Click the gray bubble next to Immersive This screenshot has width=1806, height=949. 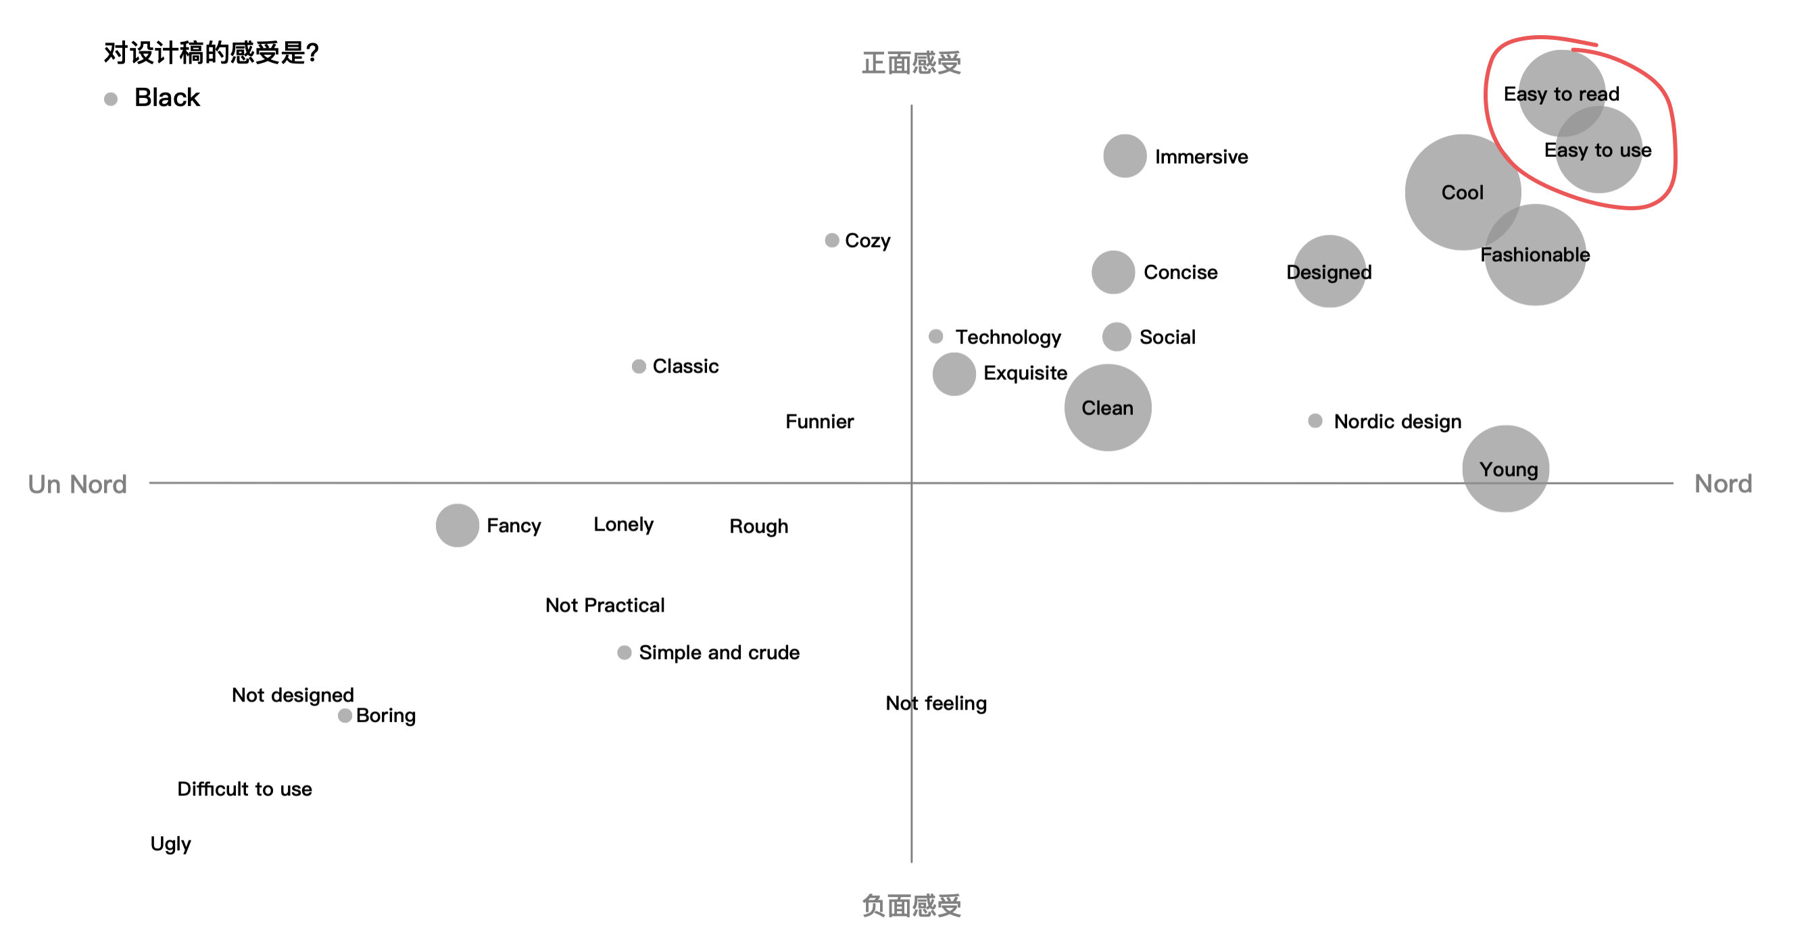pyautogui.click(x=1125, y=155)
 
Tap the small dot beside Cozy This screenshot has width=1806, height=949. pyautogui.click(x=831, y=241)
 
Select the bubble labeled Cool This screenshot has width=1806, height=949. pyautogui.click(x=1463, y=192)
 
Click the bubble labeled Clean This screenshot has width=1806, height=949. pyautogui.click(x=1108, y=407)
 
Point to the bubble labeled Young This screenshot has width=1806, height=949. pyautogui.click(x=1505, y=469)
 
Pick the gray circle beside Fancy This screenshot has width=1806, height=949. pyautogui.click(x=457, y=525)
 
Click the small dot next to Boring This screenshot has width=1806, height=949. pyautogui.click(x=344, y=716)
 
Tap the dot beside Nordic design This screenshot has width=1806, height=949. pyautogui.click(x=1315, y=420)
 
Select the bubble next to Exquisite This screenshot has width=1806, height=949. pyautogui.click(x=954, y=374)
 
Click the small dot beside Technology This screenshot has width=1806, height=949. pyautogui.click(x=935, y=337)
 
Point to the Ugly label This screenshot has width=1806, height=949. pyautogui.click(x=170, y=844)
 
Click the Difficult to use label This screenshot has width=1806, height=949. pyautogui.click(x=245, y=789)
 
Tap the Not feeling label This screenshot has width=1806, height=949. pyautogui.click(x=936, y=703)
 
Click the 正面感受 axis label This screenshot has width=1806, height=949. pyautogui.click(x=911, y=63)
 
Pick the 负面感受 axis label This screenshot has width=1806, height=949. pyautogui.click(x=911, y=906)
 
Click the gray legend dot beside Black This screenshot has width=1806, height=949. pyautogui.click(x=111, y=99)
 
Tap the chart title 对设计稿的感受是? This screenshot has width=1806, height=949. pyautogui.click(x=211, y=53)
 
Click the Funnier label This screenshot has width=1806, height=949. pyautogui.click(x=820, y=421)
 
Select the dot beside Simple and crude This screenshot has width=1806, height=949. pyautogui.click(x=624, y=652)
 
